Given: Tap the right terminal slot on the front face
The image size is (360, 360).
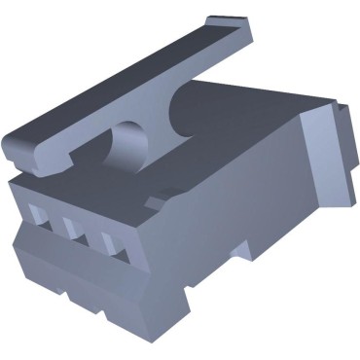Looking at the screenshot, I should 109,240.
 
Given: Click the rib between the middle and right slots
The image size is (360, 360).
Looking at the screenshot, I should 91,234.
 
